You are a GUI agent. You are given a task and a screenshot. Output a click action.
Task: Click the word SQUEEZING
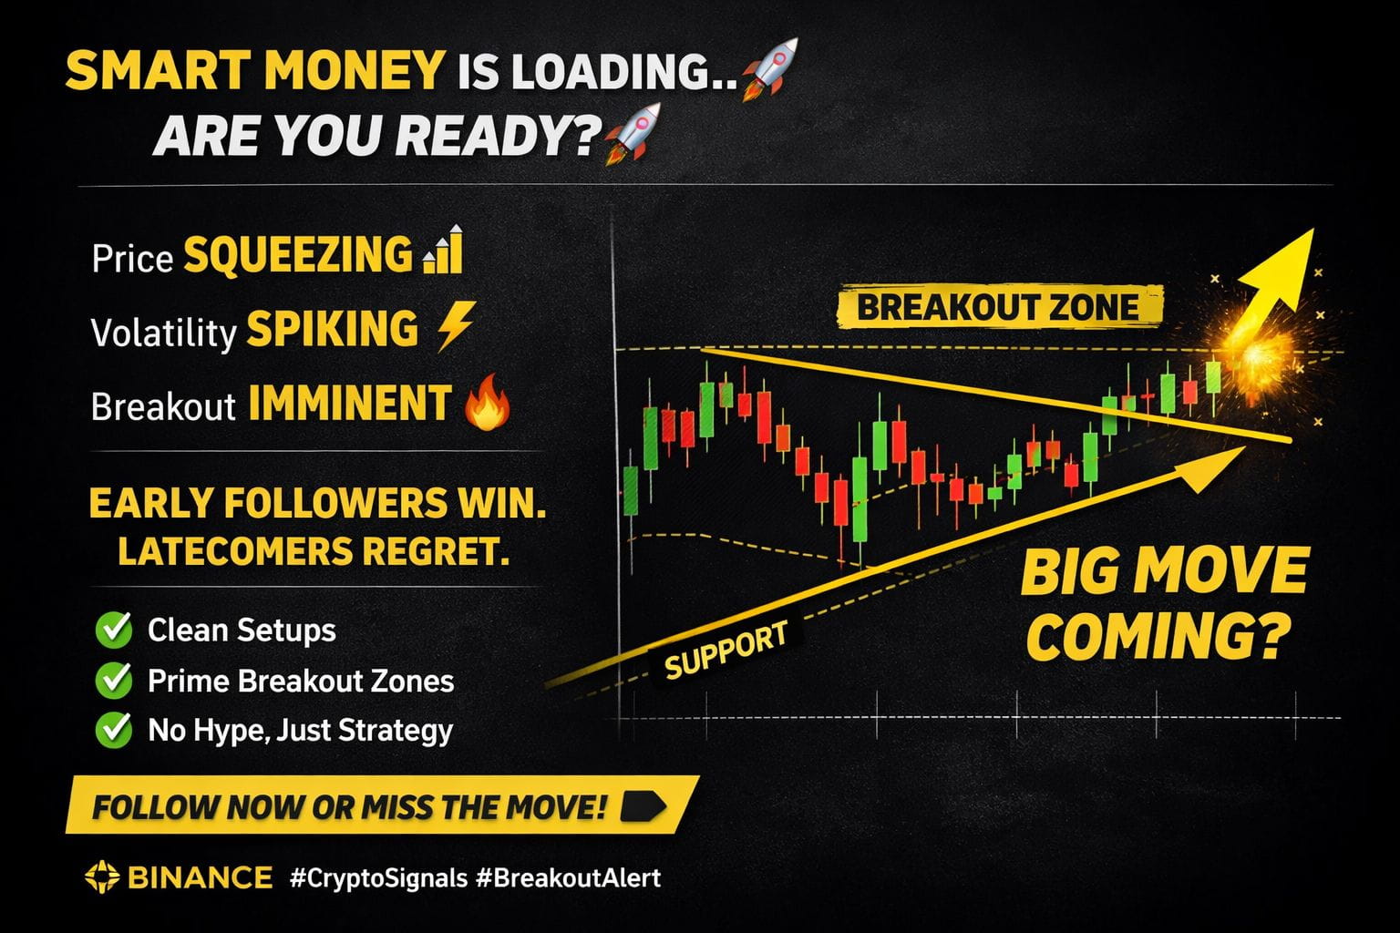point(298,254)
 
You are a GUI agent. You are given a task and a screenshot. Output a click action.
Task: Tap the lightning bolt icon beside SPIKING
point(457,327)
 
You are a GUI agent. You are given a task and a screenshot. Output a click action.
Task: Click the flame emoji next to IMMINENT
point(488,403)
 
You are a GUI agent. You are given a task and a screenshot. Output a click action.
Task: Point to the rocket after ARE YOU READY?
point(633,133)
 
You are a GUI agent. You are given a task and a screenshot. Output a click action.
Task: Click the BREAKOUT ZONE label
point(998,307)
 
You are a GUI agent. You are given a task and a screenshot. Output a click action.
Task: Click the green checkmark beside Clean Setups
point(114,630)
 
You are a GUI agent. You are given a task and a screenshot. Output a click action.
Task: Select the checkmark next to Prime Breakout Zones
point(114,680)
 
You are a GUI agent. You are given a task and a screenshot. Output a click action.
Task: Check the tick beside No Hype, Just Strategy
point(114,729)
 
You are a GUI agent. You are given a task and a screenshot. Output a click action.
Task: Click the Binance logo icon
point(102,877)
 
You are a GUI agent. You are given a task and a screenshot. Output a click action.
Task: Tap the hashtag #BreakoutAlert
point(568,878)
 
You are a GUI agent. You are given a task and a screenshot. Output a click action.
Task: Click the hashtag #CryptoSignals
point(379,878)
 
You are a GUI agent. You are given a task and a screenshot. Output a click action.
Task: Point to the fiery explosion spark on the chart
point(1256,356)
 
